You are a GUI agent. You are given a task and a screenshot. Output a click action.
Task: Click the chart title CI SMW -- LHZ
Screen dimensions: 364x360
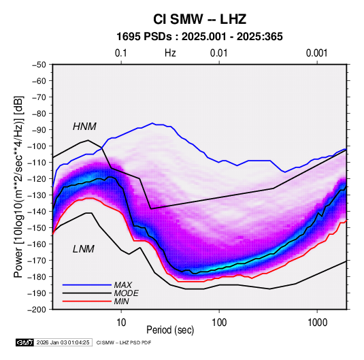tap(199, 19)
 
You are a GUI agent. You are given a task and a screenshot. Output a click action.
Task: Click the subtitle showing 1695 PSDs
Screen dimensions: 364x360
tap(199, 37)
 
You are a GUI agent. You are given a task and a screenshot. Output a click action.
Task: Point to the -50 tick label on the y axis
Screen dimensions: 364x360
tap(39, 65)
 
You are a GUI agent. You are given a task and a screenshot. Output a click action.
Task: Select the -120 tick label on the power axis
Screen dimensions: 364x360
tap(37, 179)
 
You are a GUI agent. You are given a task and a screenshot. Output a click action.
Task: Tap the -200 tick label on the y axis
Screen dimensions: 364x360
tap(37, 310)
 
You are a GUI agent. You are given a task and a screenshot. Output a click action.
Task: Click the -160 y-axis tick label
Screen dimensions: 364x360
tap(37, 244)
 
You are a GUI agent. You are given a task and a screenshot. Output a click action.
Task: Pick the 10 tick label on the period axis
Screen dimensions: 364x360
tap(121, 322)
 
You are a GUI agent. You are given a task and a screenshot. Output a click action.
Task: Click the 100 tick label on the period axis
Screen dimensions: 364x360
tap(219, 322)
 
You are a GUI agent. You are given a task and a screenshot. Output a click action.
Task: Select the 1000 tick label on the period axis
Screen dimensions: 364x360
tap(317, 322)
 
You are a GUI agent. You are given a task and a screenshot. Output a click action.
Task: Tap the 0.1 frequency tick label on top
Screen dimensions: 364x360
tap(121, 53)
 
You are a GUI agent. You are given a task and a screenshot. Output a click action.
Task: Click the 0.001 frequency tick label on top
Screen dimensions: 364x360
tap(317, 53)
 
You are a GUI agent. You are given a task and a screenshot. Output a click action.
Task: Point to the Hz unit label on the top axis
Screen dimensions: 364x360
tap(170, 53)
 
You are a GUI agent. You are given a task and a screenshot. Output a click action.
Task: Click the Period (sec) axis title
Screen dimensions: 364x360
tap(170, 330)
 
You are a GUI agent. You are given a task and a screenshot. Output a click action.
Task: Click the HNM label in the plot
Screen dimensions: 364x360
tap(84, 127)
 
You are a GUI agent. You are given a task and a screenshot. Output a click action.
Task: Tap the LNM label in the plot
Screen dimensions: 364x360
tap(84, 249)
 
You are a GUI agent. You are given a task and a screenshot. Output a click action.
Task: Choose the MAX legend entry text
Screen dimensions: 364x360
tap(123, 285)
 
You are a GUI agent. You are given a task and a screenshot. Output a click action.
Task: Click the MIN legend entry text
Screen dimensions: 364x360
tap(121, 301)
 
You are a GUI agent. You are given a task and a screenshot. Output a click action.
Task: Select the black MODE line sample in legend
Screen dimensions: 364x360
tap(87, 293)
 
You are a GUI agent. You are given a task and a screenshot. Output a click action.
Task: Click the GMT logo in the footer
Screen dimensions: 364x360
tap(25, 342)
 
